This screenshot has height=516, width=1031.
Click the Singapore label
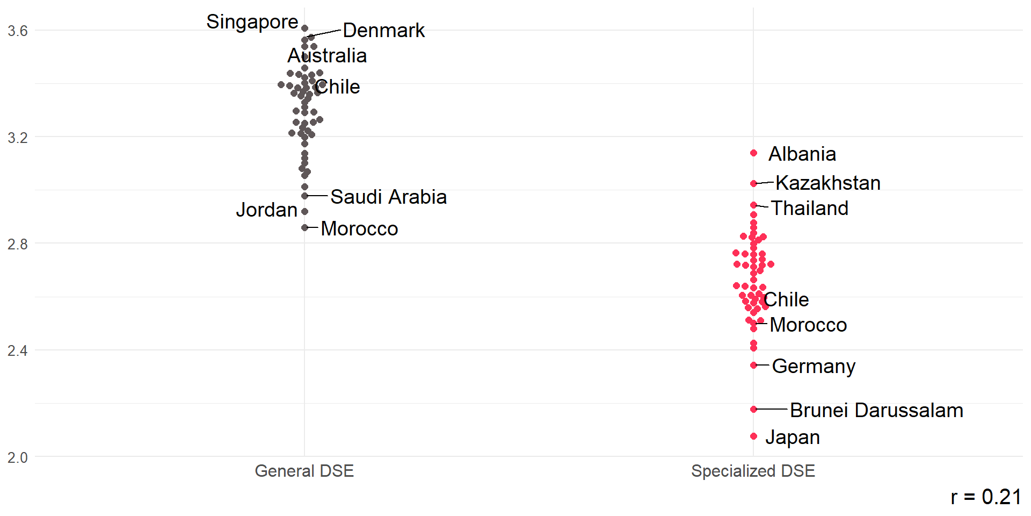252,22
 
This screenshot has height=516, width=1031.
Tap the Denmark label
383,31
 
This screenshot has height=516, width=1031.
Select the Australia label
327,56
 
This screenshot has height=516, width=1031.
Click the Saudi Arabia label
388,197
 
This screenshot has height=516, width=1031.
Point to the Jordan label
266,210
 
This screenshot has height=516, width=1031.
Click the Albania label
802,154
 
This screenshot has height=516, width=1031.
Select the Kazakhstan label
827,183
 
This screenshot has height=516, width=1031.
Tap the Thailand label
809,209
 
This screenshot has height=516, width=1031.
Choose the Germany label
814,367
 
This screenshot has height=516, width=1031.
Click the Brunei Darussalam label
876,411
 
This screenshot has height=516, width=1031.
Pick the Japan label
792,438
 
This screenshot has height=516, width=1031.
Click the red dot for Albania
753,153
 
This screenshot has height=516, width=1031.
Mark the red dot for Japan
753,436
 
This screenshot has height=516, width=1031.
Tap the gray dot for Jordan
304,212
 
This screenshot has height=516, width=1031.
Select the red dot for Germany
753,365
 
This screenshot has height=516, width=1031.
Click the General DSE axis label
304,471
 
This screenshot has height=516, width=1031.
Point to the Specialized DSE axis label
753,471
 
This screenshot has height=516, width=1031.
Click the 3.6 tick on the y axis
18,31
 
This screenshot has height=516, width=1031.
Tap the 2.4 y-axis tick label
18,351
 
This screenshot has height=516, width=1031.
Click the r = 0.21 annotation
985,497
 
